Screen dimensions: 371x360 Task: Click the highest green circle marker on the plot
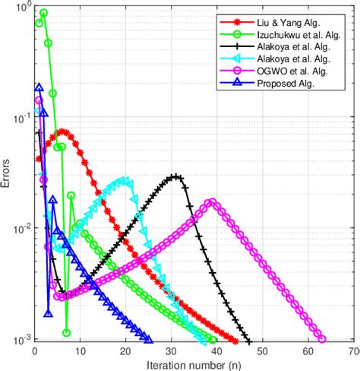pyautogui.click(x=43, y=13)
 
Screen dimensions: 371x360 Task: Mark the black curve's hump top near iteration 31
pyautogui.click(x=175, y=177)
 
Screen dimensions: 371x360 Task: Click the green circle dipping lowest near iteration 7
pyautogui.click(x=66, y=332)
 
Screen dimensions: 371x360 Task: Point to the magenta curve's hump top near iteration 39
pyautogui.click(x=212, y=202)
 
